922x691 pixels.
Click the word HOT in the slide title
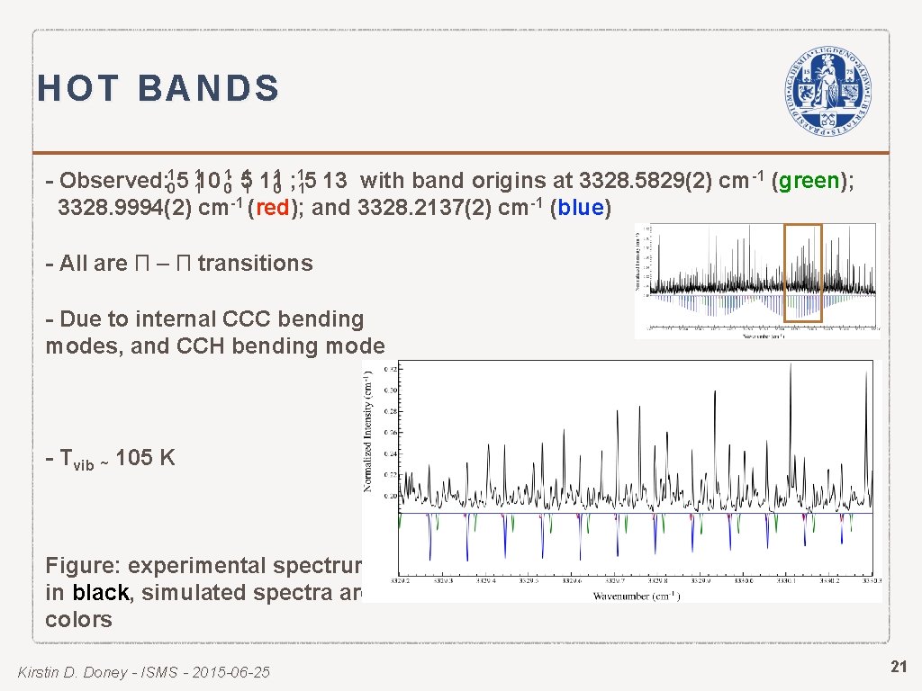click(78, 89)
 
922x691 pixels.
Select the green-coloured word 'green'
click(809, 181)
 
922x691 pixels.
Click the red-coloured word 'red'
click(272, 209)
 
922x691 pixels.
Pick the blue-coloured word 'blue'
click(581, 209)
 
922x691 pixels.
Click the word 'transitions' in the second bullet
click(255, 264)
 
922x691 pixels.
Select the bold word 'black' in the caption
click(101, 593)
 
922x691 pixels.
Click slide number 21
click(899, 667)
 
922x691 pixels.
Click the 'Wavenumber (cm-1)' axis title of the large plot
click(636, 596)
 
